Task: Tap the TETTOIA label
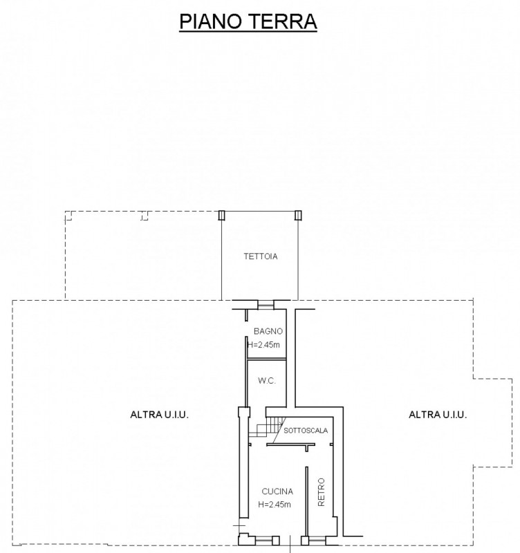(261, 256)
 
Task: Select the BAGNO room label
(268, 331)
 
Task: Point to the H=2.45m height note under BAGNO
(264, 344)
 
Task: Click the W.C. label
(266, 381)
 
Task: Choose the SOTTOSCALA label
(306, 430)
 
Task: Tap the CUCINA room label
(277, 491)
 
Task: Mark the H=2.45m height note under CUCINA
(275, 505)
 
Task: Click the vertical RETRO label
(321, 492)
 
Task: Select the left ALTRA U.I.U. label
(160, 414)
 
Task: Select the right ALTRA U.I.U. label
(438, 414)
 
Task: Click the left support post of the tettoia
(221, 215)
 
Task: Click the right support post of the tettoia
(298, 215)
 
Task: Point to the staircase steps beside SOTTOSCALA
(267, 427)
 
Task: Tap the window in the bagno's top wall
(266, 305)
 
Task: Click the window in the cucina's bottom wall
(263, 540)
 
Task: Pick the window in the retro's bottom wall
(317, 540)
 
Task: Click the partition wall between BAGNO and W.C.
(266, 359)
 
